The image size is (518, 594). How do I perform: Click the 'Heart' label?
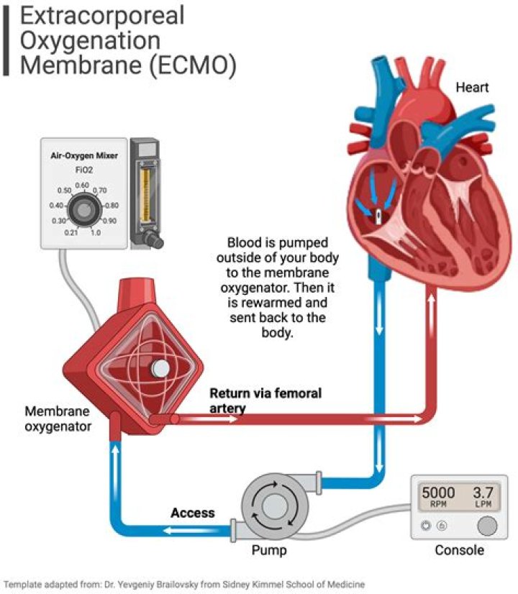click(x=472, y=88)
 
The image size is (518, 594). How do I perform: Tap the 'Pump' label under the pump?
click(x=269, y=551)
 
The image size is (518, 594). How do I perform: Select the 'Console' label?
click(x=460, y=551)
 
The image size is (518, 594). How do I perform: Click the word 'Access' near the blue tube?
click(x=192, y=513)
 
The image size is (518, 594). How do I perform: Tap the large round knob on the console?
click(x=487, y=526)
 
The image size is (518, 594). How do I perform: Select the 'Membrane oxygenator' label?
click(x=58, y=419)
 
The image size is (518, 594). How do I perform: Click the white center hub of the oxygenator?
click(x=160, y=368)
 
